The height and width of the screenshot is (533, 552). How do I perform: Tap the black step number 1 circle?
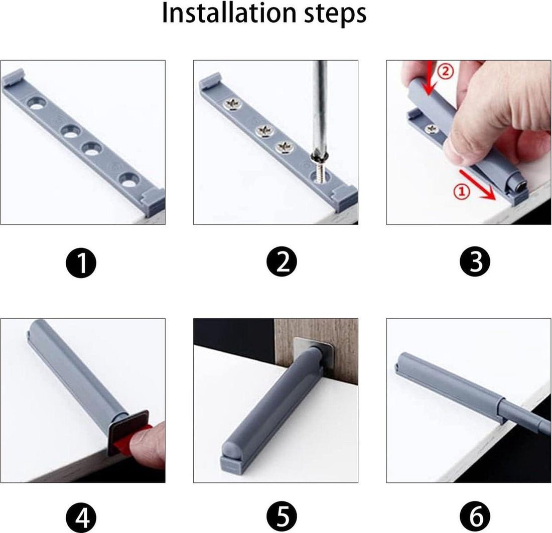81,262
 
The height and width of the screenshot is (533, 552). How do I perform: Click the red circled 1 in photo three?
461,191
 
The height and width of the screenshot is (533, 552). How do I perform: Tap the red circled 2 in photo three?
445,71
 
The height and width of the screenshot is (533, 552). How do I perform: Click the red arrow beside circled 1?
477,184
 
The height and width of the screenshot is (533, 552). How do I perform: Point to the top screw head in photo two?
232,104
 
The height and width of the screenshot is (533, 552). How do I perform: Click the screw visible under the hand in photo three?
431,129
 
